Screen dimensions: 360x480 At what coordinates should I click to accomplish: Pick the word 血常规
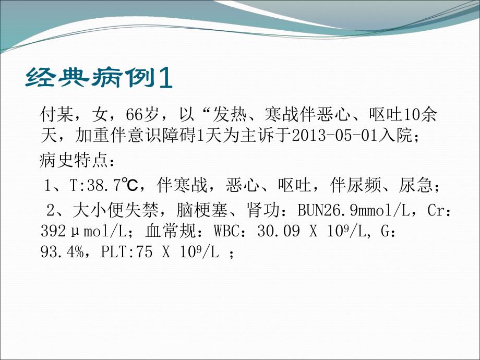(x=165, y=231)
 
